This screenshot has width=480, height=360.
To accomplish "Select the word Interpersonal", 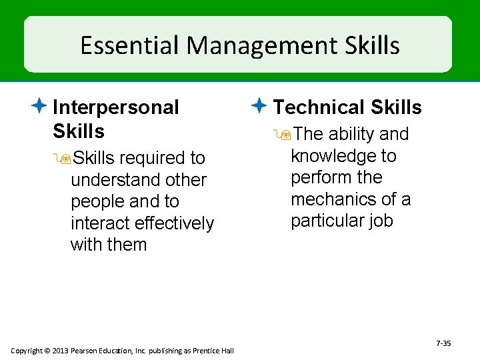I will click(115, 107).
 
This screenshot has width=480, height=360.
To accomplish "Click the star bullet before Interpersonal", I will click(41, 106).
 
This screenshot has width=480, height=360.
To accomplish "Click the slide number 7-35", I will click(443, 343).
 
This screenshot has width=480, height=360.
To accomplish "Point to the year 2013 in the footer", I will click(59, 351).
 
